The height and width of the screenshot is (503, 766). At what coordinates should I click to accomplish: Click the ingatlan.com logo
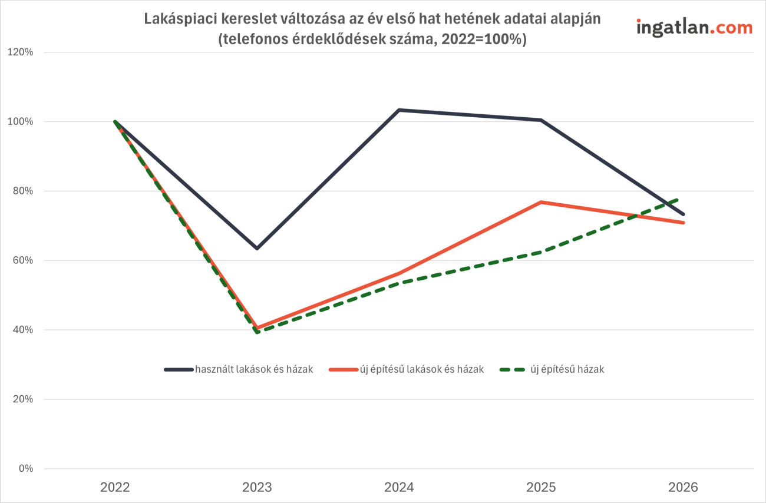tap(694, 27)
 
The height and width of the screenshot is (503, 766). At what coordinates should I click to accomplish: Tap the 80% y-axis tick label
tap(22, 191)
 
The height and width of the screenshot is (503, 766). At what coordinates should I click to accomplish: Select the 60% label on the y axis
tap(22, 261)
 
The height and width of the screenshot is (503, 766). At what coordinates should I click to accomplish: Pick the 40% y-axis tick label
tap(22, 330)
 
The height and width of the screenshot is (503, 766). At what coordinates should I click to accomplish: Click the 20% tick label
tap(22, 399)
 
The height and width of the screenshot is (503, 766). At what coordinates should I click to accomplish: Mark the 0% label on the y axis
tap(25, 469)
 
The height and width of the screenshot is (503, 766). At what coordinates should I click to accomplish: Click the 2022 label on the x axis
tap(115, 488)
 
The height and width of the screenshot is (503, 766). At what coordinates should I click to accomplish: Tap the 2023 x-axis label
tap(257, 488)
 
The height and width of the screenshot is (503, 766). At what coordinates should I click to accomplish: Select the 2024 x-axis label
tap(399, 488)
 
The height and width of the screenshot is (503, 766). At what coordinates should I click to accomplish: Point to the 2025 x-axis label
tap(541, 488)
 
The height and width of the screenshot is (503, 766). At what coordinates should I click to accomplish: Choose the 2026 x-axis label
tap(683, 488)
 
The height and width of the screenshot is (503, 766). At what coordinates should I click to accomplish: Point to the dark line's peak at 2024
tap(399, 110)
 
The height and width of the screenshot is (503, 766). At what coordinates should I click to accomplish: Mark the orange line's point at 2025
tap(541, 202)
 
